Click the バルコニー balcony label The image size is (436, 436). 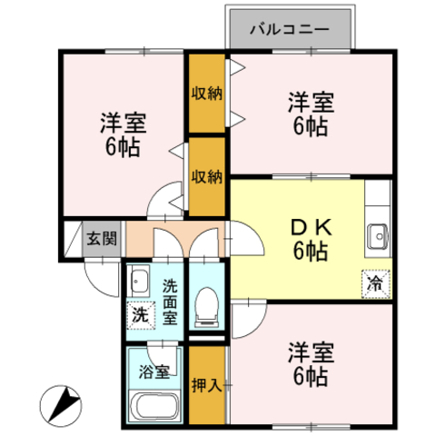point(290,29)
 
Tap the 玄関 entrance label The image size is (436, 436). point(102,239)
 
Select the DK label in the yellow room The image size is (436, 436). point(312,228)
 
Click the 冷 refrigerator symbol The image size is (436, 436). point(375,284)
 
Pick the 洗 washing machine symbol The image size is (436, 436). point(141,315)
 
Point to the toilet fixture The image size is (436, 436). point(207,307)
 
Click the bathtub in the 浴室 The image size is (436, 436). point(154,406)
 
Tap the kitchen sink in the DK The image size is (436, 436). point(377,236)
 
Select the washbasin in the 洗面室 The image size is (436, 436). point(139,281)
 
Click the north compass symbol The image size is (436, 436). point(61,406)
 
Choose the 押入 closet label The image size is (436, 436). point(207,385)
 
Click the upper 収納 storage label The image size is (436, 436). point(207,94)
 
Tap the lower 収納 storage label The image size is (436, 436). point(207,176)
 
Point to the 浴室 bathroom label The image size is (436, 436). point(154,372)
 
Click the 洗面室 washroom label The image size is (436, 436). point(170,302)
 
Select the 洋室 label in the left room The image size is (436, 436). point(124,123)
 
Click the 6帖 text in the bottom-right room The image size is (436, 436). point(311,377)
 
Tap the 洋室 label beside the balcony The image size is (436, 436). point(312,103)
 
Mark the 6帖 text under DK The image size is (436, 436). point(311,252)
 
